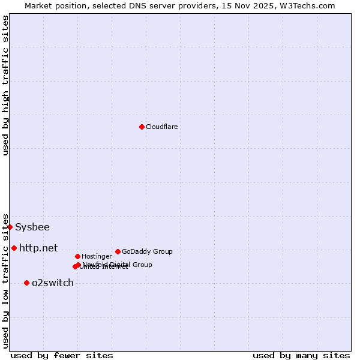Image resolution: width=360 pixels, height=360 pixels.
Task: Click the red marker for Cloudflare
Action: pos(142,127)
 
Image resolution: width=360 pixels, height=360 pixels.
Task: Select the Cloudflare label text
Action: pos(162,127)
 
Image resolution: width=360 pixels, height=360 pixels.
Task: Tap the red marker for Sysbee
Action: pos(10,227)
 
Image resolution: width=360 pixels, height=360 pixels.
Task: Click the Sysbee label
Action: pos(32,227)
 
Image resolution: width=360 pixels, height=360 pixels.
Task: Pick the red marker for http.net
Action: pos(14,248)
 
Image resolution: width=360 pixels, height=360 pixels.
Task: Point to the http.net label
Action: pos(38,248)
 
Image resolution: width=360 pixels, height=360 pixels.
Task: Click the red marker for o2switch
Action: pos(26,283)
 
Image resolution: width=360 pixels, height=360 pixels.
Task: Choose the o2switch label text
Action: pos(53,283)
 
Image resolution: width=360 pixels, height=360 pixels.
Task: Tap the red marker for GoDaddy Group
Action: pos(118,251)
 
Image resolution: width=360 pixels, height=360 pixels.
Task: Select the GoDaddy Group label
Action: pos(147,251)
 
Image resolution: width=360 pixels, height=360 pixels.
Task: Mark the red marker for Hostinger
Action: pos(77,256)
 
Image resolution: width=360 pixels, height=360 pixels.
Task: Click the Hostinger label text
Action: pos(97,256)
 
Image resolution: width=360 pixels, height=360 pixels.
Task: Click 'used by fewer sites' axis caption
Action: pos(62,355)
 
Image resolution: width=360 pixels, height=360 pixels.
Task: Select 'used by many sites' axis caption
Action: pos(301,355)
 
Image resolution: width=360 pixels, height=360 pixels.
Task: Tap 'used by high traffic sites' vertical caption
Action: pos(6,85)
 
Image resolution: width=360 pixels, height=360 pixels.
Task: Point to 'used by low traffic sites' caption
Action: pos(6,280)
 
